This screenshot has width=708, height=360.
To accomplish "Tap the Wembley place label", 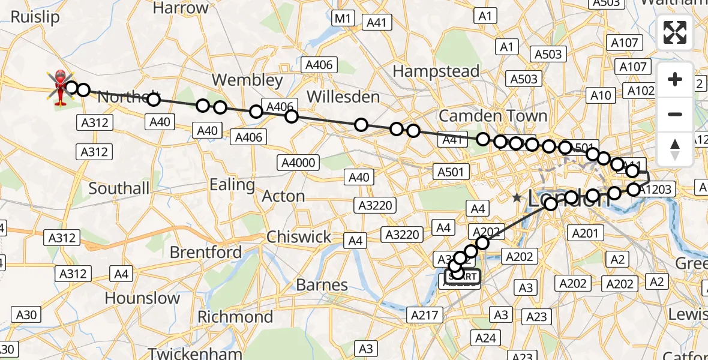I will tap(247, 80).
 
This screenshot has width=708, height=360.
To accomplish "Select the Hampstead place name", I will tap(436, 71).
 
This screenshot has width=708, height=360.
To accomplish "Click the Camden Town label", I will tap(493, 115).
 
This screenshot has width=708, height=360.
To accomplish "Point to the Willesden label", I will tap(343, 97).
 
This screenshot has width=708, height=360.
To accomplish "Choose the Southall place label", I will tap(119, 188).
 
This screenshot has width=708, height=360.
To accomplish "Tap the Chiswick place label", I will tap(299, 237).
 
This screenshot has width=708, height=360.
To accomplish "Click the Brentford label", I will tap(206, 252).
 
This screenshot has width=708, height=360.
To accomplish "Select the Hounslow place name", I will tap(142, 298).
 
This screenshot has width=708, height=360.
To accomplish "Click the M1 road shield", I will tap(342, 18).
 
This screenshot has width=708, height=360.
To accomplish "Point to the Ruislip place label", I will tap(35, 17).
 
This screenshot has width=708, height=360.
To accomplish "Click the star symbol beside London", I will tap(517, 197).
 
